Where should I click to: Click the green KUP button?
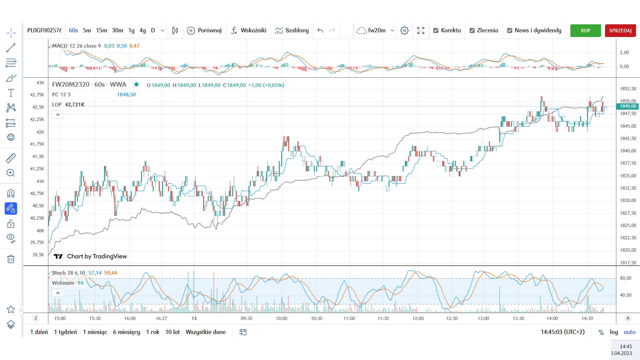coord(585,31)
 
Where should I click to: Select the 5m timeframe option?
coord(87,30)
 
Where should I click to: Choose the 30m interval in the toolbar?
coord(117,30)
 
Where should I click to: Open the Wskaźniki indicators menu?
coord(249,30)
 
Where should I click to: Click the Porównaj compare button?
coord(204,30)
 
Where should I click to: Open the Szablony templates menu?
coord(292,30)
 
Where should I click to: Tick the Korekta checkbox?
coord(436,31)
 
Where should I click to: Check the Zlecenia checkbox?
coord(472,31)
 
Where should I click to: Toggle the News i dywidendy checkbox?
coord(510,31)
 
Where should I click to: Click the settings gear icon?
coord(404,31)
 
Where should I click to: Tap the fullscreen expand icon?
coord(421,31)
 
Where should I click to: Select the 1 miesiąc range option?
coord(95,332)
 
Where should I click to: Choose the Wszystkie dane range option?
coord(205,332)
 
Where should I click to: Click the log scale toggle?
coord(614,332)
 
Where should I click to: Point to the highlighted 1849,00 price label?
coord(628,106)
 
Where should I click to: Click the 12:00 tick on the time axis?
coord(418,318)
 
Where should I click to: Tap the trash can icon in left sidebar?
coord(11,259)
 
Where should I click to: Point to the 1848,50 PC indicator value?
coord(126,95)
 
